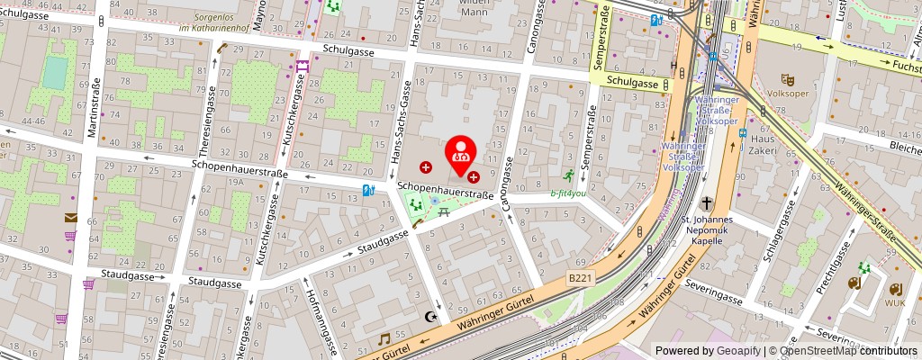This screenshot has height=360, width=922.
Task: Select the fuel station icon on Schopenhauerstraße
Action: (x=367, y=190)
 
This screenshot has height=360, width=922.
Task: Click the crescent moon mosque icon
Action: (x=430, y=317)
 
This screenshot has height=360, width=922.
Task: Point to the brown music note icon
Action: (x=384, y=339)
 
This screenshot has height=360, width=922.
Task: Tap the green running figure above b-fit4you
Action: (x=569, y=175)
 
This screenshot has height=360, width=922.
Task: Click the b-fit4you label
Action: (x=567, y=193)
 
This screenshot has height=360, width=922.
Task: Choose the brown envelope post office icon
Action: (x=70, y=217)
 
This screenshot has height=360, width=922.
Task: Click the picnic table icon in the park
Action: (x=445, y=212)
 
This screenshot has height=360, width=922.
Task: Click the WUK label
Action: (x=895, y=303)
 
